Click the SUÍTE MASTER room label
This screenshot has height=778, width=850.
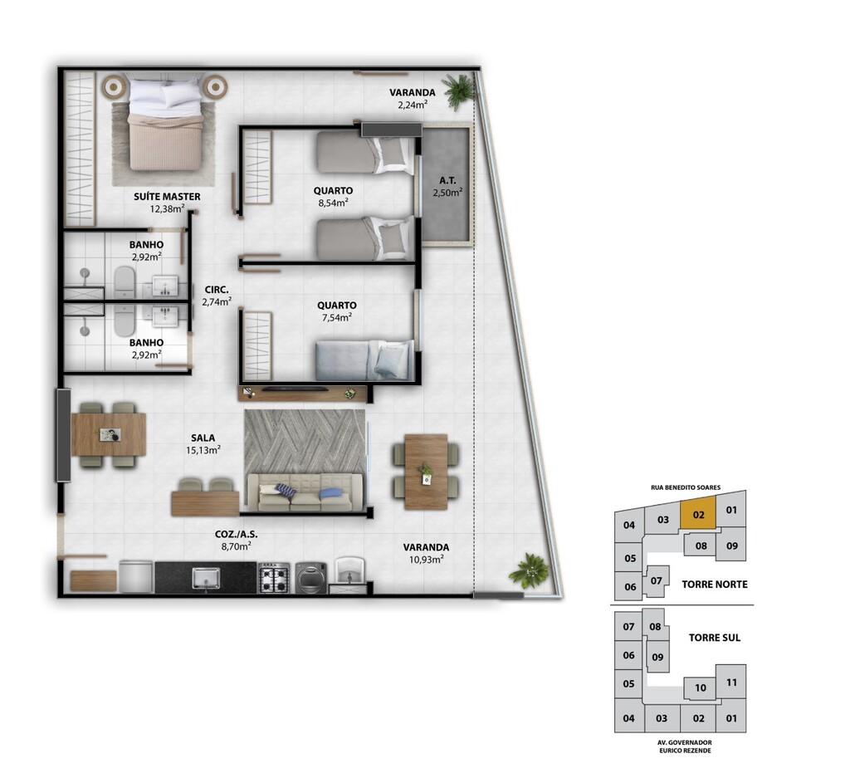point(167,197)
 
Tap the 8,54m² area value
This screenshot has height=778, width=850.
point(334,203)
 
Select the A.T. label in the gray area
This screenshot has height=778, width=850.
point(447,180)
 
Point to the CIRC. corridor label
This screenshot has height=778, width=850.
point(217,290)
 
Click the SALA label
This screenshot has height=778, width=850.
point(203,438)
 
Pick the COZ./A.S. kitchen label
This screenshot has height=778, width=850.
point(237,534)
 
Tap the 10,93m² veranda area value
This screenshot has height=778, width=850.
point(426,559)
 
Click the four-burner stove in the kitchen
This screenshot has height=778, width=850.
point(275,578)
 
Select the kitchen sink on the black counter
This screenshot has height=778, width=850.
point(206,578)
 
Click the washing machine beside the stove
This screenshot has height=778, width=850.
point(311,578)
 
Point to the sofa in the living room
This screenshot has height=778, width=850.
point(305,492)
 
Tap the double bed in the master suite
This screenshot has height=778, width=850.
point(164,125)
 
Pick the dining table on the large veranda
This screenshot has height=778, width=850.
point(426,472)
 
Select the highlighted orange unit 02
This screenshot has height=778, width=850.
point(698,515)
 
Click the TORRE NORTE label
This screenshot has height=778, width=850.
point(715,585)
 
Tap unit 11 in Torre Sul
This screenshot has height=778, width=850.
point(731,682)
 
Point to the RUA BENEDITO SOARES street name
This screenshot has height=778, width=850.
point(686,487)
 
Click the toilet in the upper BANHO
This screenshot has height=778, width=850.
point(125,281)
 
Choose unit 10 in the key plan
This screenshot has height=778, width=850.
point(701,688)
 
